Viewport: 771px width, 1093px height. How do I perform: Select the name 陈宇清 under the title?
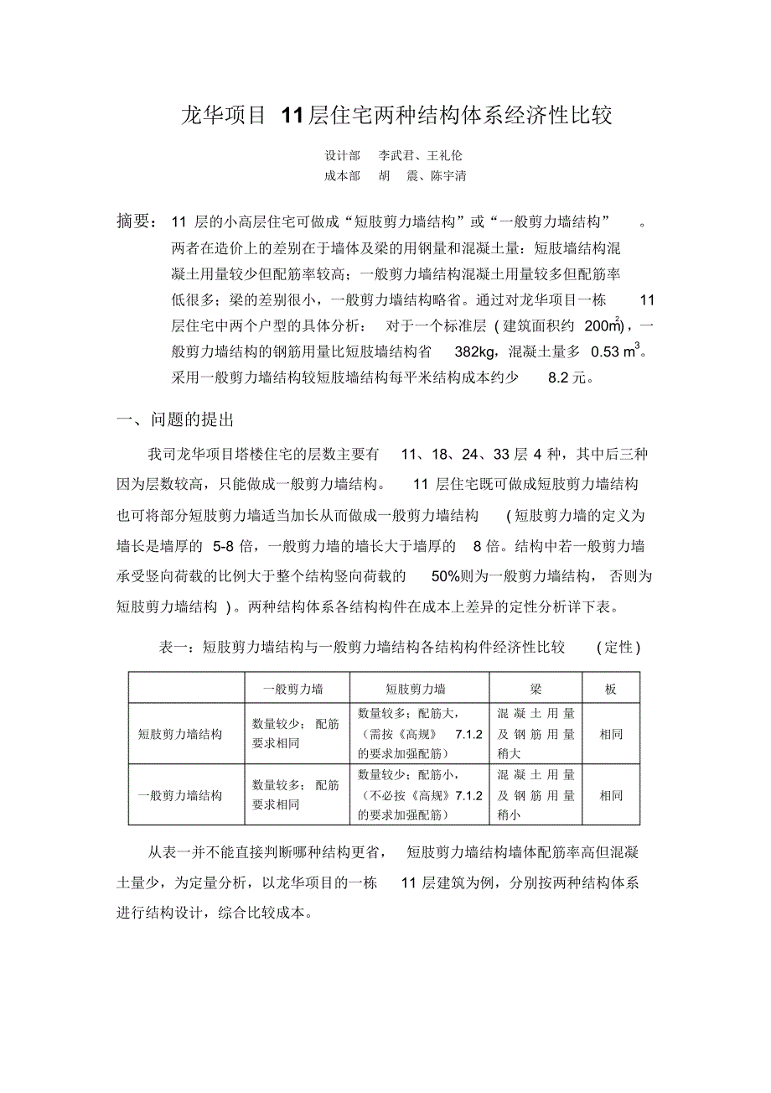click(448, 176)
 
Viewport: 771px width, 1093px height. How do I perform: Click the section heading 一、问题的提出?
click(174, 420)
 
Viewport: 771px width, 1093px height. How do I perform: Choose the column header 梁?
click(536, 689)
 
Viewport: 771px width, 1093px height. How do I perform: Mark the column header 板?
click(611, 689)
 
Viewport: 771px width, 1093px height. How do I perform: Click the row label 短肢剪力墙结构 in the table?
click(181, 734)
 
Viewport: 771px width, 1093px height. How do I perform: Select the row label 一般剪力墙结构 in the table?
click(181, 795)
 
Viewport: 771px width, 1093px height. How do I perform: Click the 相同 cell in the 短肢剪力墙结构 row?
click(611, 734)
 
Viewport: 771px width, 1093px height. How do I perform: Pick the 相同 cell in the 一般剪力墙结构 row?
click(611, 795)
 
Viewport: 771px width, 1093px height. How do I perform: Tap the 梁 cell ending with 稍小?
click(536, 795)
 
